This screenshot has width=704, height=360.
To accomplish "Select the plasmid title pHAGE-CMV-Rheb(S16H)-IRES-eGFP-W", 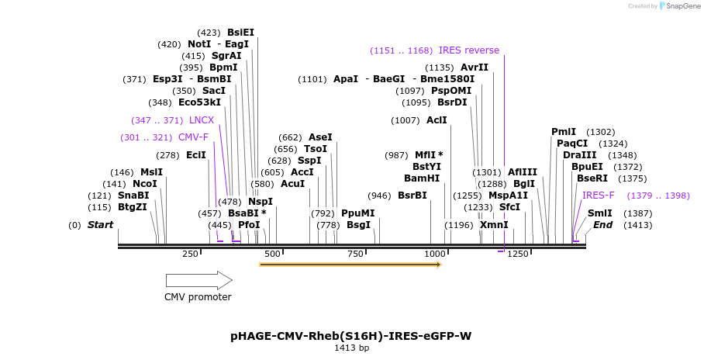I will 350,336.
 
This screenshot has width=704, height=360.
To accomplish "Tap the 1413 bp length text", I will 350,348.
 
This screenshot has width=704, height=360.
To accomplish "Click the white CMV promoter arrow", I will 198,280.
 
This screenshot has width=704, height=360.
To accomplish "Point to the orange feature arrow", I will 350,265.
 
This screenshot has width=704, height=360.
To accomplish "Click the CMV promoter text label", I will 198,297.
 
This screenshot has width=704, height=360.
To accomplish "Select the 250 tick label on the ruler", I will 190,254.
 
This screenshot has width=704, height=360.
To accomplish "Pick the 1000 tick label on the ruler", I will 435,254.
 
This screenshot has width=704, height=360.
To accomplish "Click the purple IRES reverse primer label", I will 469,50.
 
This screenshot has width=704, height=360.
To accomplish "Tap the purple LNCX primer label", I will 202,120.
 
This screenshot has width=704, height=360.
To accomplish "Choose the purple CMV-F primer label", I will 194,137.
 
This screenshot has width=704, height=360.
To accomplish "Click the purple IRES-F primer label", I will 599,196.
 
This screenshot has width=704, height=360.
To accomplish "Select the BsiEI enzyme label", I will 240,33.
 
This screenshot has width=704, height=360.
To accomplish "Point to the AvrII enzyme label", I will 475,67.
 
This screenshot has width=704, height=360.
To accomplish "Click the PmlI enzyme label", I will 564,132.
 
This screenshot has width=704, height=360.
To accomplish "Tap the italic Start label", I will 100,225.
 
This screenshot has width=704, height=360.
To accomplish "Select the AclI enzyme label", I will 437,120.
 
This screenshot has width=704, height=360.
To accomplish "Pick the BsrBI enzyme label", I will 412,196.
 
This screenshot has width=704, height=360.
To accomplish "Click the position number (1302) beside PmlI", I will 600,132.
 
